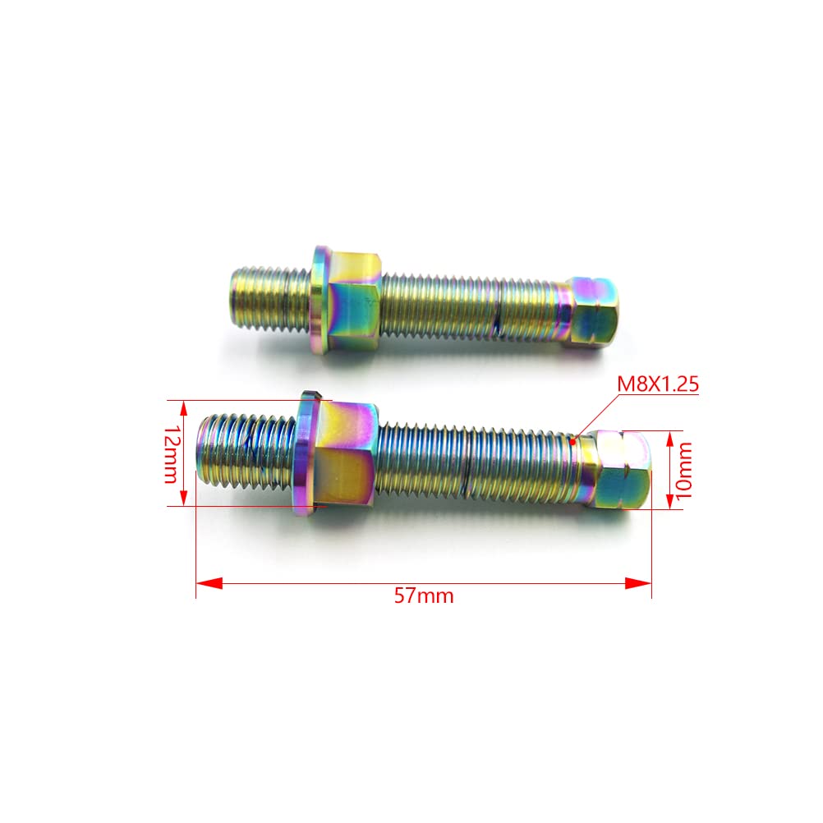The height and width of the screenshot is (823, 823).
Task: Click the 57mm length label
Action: click(x=423, y=596)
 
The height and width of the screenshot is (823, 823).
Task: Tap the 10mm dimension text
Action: click(x=684, y=470)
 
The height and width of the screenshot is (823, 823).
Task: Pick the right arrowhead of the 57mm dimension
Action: click(x=638, y=583)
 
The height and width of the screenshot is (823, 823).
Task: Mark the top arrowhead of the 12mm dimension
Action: click(x=183, y=410)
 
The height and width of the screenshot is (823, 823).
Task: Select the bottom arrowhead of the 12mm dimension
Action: click(x=183, y=496)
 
